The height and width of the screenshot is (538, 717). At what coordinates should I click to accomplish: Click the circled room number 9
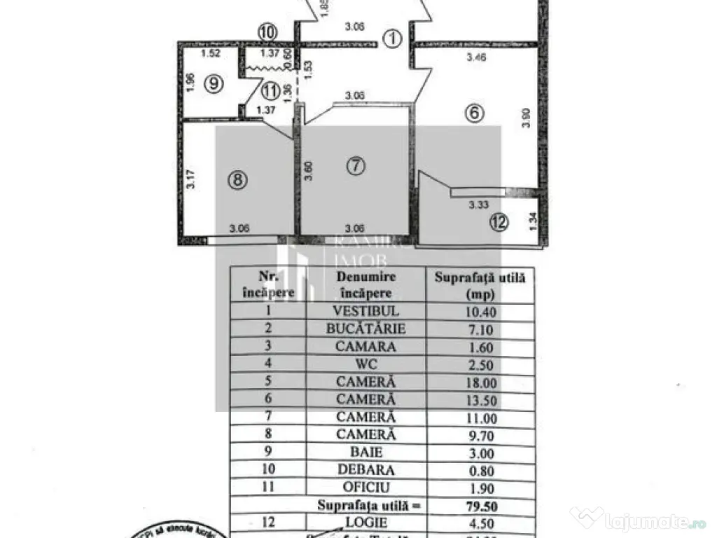coord(215,83)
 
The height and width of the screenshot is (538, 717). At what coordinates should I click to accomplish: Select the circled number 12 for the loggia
coord(499,223)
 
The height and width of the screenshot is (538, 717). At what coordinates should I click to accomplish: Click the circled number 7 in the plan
coord(356,166)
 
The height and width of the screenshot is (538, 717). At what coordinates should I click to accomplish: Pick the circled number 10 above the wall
coord(267,32)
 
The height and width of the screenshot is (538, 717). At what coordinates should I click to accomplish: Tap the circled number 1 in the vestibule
coord(394,39)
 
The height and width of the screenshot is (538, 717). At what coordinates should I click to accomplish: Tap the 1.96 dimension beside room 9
coord(190,85)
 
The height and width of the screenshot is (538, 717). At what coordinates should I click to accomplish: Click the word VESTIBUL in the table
coord(366,311)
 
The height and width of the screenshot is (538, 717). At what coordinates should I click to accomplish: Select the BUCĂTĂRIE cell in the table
coord(366,329)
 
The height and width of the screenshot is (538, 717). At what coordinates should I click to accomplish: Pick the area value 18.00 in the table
coord(480,382)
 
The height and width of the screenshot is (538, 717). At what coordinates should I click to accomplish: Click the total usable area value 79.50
coord(480,505)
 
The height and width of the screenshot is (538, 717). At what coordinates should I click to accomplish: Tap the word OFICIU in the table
coord(366,487)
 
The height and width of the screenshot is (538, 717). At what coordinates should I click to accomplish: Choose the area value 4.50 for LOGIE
coord(480,523)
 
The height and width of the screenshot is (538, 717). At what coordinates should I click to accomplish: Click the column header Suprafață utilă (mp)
coord(480,286)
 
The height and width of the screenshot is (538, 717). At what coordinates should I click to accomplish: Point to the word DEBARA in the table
coord(366,469)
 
